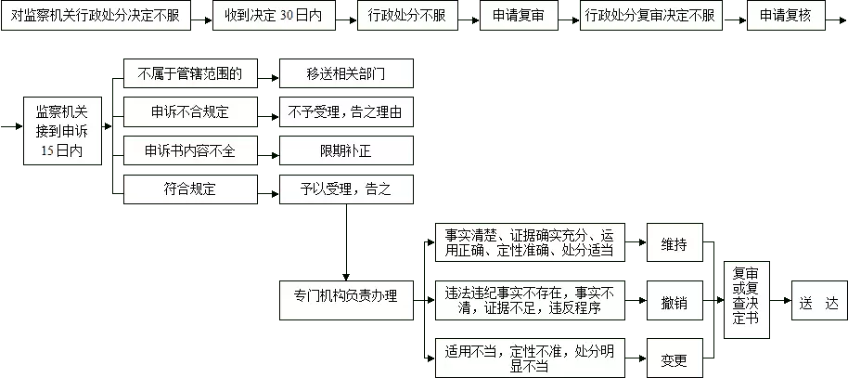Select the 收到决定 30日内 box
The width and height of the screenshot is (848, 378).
pyautogui.click(x=273, y=16)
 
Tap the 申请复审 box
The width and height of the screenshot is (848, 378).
pyautogui.click(x=518, y=16)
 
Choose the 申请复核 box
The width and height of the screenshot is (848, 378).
pyautogui.click(x=786, y=16)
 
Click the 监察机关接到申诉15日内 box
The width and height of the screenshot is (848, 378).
pyautogui.click(x=62, y=131)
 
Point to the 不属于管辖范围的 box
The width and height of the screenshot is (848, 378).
pyautogui.click(x=190, y=73)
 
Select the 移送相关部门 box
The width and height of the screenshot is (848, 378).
pyautogui.click(x=346, y=73)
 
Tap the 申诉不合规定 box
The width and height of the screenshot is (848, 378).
pyautogui.click(x=190, y=112)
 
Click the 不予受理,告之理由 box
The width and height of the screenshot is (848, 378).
pyautogui.click(x=346, y=112)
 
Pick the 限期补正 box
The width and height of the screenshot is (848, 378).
pyautogui.click(x=346, y=150)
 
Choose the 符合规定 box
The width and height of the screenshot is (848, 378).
pyautogui.click(x=190, y=189)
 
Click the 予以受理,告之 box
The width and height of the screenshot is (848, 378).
pyautogui.click(x=346, y=189)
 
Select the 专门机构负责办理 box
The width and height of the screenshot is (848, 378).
pyautogui.click(x=346, y=299)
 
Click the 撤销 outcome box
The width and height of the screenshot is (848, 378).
pyautogui.click(x=675, y=300)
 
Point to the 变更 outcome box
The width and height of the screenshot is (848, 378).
pyautogui.click(x=675, y=358)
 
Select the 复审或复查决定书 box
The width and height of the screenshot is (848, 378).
pyautogui.click(x=746, y=300)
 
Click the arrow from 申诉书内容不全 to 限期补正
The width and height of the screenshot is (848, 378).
pyautogui.click(x=269, y=154)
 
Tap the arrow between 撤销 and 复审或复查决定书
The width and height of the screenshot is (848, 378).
pyautogui.click(x=714, y=300)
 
